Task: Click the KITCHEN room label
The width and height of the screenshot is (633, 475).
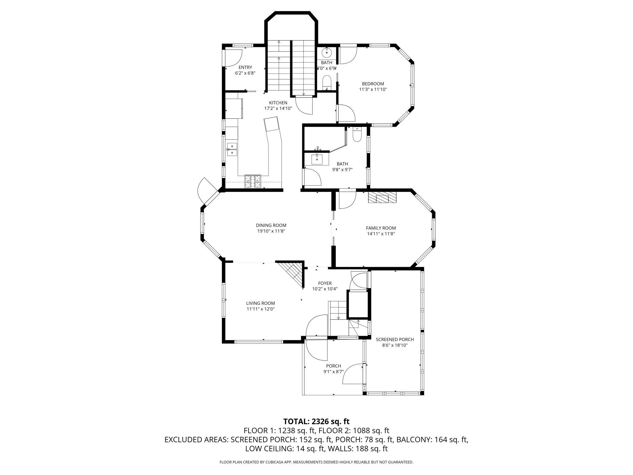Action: click(x=278, y=103)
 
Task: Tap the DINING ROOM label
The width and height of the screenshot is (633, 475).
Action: click(x=271, y=225)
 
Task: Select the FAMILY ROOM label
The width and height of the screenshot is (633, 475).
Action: click(x=381, y=228)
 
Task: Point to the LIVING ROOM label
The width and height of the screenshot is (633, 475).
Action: click(x=261, y=303)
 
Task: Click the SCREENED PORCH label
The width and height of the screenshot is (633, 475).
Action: click(x=395, y=340)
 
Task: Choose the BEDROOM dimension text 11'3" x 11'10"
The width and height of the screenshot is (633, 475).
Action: click(x=373, y=90)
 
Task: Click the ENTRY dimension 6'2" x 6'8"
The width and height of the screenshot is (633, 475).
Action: click(x=245, y=73)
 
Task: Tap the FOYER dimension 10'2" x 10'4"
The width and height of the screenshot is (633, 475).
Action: click(x=325, y=289)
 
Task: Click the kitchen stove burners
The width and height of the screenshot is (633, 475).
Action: click(x=253, y=181)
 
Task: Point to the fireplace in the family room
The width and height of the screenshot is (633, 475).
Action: click(x=382, y=197)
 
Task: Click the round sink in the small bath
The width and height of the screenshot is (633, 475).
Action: click(x=327, y=53)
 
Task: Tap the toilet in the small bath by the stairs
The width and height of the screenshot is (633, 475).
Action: click(x=327, y=83)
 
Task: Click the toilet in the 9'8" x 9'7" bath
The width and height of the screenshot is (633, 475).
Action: click(x=357, y=135)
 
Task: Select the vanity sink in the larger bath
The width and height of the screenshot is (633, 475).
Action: click(x=317, y=159)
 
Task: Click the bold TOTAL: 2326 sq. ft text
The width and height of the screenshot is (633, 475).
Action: click(x=316, y=421)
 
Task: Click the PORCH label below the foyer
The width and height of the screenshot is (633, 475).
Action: click(x=334, y=366)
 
